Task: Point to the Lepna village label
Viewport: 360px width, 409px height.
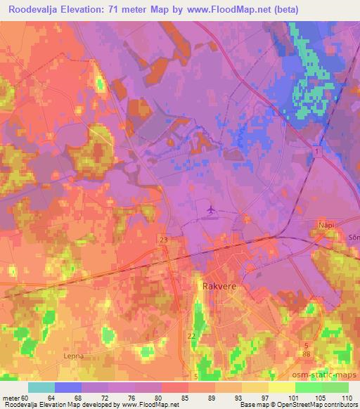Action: point(74,356)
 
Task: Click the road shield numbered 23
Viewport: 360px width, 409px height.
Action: point(164,240)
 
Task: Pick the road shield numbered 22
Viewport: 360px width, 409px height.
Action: point(191,336)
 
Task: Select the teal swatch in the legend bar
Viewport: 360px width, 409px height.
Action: point(41,387)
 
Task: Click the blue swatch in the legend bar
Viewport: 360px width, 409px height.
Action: point(69,387)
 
